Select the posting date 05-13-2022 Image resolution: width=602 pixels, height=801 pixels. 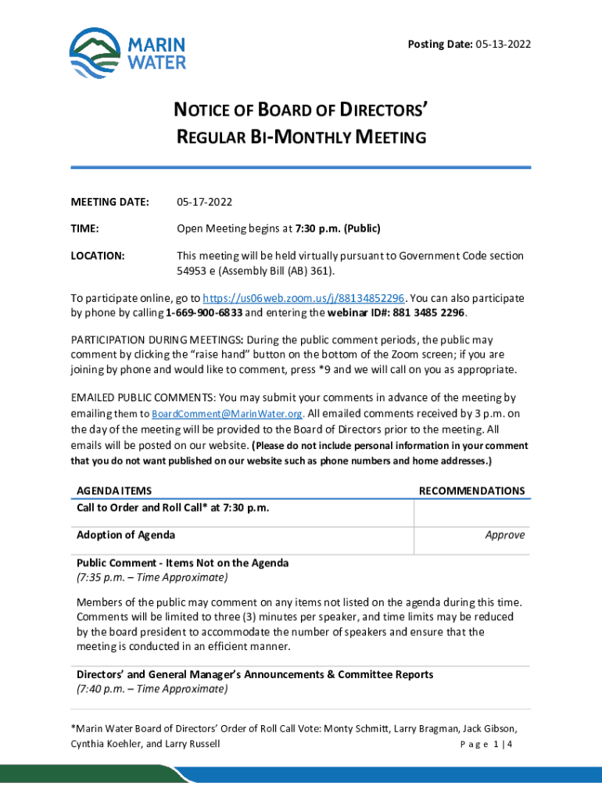[x=503, y=45]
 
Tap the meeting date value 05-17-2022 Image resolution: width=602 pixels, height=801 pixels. [x=204, y=202]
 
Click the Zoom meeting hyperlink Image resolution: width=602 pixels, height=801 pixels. [x=303, y=298]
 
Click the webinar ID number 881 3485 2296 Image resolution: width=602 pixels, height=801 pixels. [x=429, y=312]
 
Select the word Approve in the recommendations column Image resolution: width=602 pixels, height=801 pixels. [x=505, y=535]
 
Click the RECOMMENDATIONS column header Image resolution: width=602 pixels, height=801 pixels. [x=472, y=490]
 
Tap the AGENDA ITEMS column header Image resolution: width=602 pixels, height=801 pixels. [x=114, y=490]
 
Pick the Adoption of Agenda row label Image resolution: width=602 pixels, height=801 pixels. [x=126, y=535]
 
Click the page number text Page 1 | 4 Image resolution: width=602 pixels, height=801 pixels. [x=486, y=744]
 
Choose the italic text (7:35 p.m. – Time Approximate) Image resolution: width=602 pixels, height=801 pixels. [x=152, y=577]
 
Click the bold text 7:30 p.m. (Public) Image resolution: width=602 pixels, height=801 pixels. [x=337, y=228]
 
